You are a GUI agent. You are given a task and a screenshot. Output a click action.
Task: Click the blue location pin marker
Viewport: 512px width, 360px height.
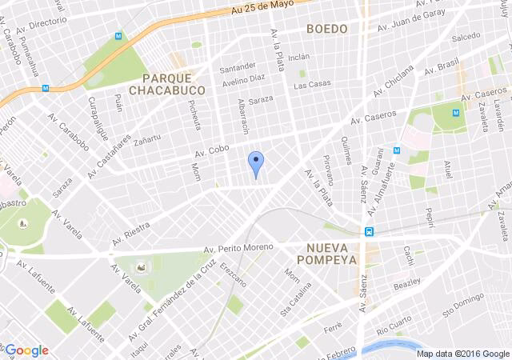(x=255, y=163)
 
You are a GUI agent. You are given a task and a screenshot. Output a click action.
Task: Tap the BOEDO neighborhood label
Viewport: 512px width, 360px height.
(x=327, y=29)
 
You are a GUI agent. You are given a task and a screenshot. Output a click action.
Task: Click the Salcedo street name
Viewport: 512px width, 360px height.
(x=466, y=37)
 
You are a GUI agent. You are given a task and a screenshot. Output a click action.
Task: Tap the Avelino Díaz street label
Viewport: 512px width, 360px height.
(x=244, y=79)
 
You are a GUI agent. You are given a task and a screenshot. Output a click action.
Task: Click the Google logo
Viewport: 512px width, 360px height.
(x=26, y=350)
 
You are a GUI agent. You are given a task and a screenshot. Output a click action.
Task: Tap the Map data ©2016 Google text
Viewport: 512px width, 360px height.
(x=462, y=353)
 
